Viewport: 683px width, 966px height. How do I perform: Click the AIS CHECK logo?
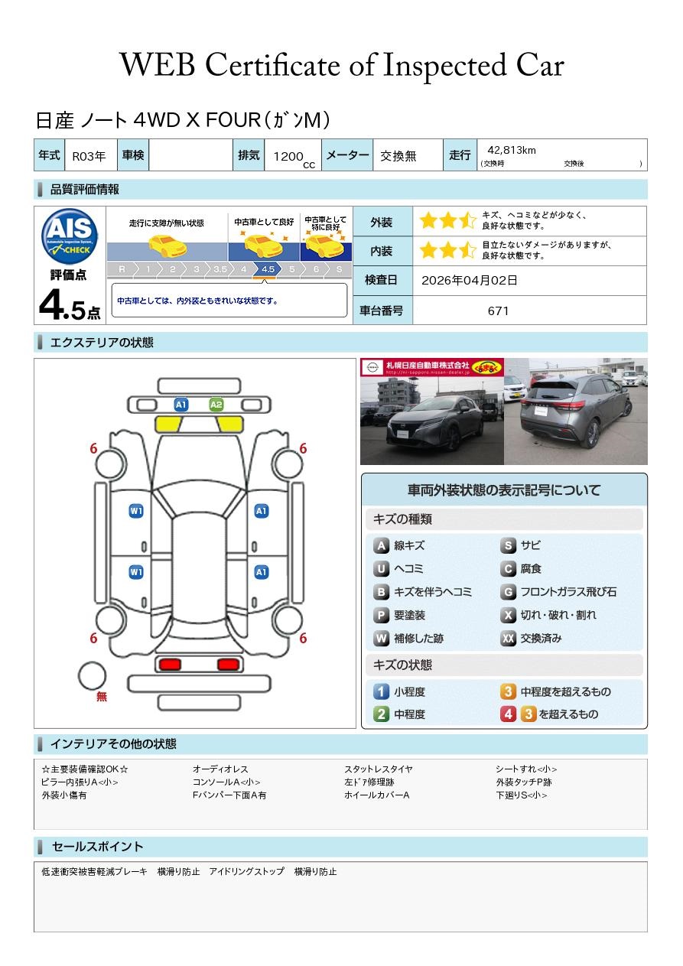point(70,236)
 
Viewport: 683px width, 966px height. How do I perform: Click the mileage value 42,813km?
point(512,150)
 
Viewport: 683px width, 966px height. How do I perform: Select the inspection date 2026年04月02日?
point(469,280)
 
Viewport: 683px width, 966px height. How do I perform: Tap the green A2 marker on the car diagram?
point(216,405)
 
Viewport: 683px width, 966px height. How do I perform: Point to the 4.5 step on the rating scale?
point(268,269)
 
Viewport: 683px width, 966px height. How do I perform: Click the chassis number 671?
point(498,311)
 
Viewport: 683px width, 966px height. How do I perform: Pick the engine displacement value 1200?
point(288,156)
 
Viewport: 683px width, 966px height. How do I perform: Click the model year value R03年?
point(89,156)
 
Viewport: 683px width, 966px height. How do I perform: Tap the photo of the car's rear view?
point(576,411)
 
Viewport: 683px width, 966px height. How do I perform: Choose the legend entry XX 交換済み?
point(531,638)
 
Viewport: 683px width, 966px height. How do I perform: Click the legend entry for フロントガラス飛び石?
point(558,592)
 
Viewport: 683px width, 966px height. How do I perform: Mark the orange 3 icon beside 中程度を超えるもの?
point(508,691)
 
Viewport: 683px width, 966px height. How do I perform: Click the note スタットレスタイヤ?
point(378,769)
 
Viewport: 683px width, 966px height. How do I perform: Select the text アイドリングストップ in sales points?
point(246,872)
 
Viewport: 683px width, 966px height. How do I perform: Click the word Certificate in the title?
point(272,65)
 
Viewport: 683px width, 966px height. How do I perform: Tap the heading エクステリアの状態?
point(102,343)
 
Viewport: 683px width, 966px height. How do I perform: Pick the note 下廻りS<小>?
point(522,795)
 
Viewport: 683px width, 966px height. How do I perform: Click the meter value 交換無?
point(398,156)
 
